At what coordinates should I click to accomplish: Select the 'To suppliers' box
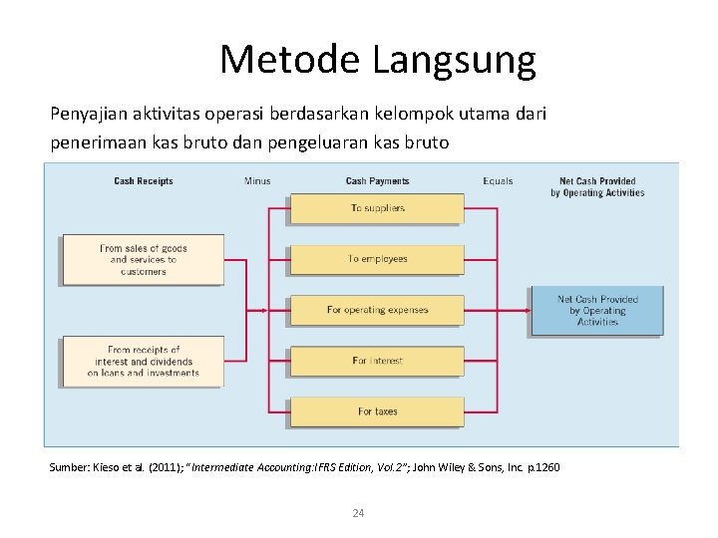(377, 208)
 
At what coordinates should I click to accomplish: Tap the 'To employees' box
(377, 259)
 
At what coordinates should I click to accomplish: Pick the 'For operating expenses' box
(377, 310)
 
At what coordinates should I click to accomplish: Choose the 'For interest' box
(377, 361)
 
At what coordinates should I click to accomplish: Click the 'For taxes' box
(377, 411)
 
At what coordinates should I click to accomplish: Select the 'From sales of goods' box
(144, 259)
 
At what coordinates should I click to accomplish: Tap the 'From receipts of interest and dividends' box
(144, 361)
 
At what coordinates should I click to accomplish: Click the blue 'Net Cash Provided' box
(596, 311)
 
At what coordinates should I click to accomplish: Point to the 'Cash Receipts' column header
(144, 181)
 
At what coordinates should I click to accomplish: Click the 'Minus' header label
(257, 181)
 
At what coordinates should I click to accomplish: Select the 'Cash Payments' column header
(377, 181)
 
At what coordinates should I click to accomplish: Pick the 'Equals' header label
(498, 181)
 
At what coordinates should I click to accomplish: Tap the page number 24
(359, 513)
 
